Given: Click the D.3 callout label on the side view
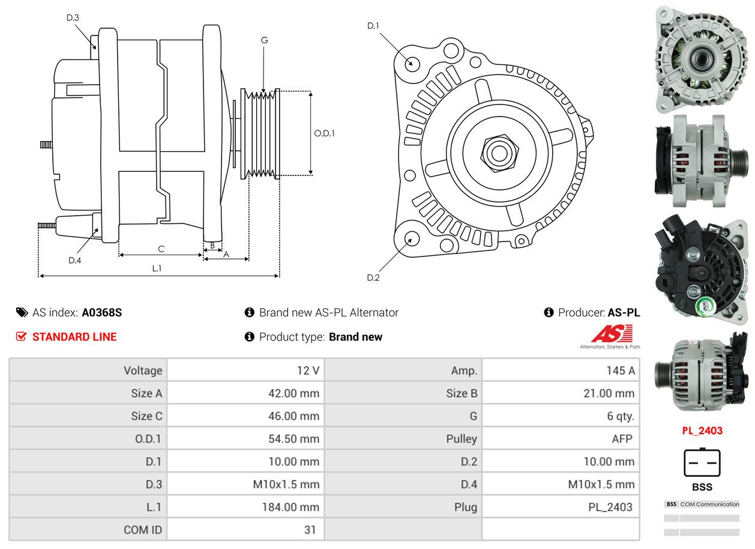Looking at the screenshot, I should (x=73, y=17).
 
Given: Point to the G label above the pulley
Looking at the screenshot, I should (x=264, y=40).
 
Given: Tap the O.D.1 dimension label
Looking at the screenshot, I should (x=325, y=133).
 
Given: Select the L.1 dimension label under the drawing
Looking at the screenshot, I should (x=157, y=268).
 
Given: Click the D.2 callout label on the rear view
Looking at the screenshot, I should (x=373, y=278).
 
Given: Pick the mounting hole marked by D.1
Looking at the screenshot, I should (x=412, y=62).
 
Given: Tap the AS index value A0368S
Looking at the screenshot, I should (x=102, y=312).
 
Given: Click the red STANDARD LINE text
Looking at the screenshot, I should (x=74, y=337).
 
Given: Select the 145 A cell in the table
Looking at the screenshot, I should (x=620, y=371).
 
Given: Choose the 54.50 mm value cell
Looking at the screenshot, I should (x=293, y=439).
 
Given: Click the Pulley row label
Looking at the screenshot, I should (x=462, y=439).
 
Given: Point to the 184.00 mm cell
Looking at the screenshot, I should (x=290, y=507).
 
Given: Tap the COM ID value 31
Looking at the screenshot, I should (x=310, y=530).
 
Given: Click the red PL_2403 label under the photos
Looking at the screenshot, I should (x=702, y=431).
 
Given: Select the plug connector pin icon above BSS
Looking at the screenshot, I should (x=702, y=463).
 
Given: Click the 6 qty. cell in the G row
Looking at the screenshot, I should (x=620, y=416).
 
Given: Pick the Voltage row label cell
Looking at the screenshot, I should (x=143, y=371).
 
